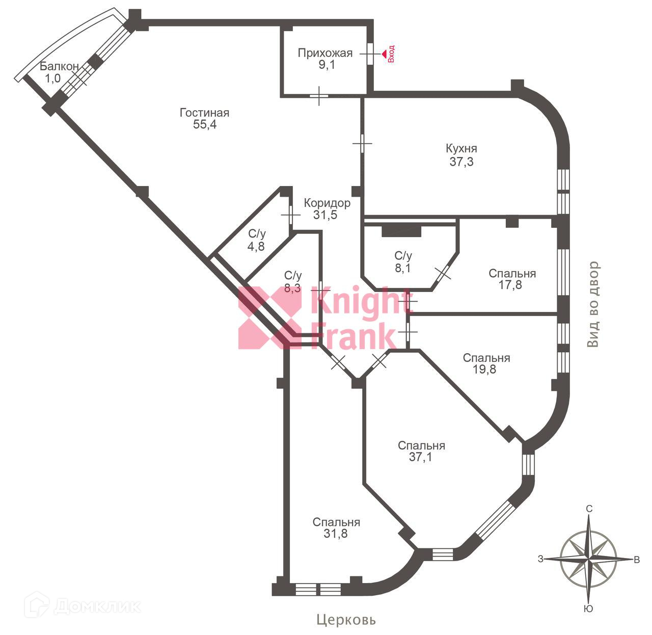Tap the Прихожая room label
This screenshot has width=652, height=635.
coord(325,53)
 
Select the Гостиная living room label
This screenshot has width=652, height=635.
coord(204,113)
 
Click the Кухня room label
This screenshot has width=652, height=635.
coord(461,149)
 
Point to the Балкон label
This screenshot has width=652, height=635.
coord(59,66)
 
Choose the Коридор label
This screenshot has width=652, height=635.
coord(327,203)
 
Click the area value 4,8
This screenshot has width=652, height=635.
coord(257,246)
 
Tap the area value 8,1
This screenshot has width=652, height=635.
coord(402,268)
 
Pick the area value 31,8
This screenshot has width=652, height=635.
coord(335,534)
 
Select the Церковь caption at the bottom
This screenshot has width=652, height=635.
coord(346,620)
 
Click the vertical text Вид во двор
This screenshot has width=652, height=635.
coord(593,305)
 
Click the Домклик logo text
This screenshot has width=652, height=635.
coord(97,606)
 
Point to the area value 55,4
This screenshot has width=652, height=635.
coord(205,125)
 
